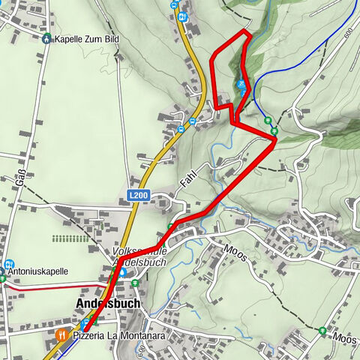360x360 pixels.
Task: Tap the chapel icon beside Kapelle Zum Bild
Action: click(47, 38)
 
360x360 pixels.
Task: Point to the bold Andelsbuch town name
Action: click(107, 304)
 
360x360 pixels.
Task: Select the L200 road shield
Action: click(138, 195)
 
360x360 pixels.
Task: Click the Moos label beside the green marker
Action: click(346, 339)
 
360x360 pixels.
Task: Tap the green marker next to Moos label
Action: click(322, 330)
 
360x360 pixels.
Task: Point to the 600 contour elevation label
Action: click(348, 33)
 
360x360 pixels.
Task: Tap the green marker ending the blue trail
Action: click(268, 119)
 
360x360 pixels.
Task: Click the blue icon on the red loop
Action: click(241, 85)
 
